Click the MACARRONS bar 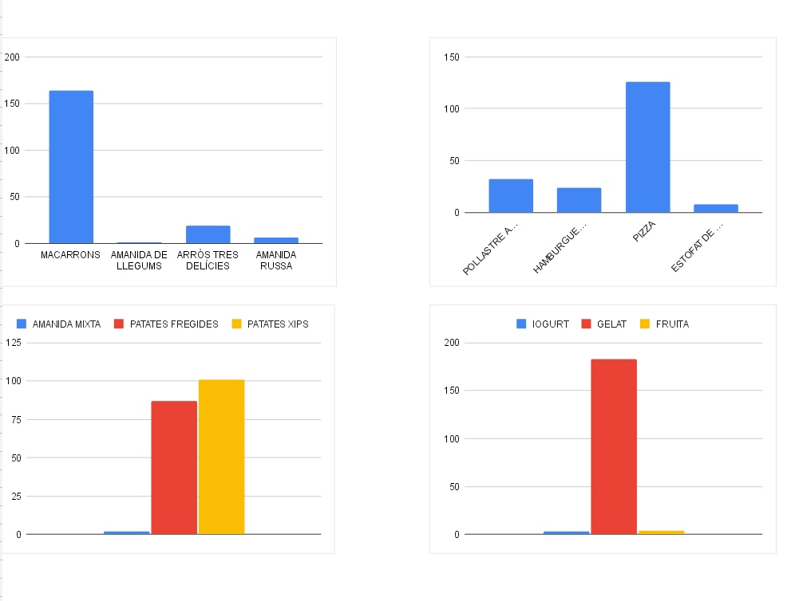[x=71, y=167]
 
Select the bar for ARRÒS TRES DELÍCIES [x=208, y=234]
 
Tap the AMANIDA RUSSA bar [x=275, y=240]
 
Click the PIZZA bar [x=647, y=147]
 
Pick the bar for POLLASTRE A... [x=511, y=196]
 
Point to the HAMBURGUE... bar [x=579, y=200]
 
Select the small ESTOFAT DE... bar [x=715, y=209]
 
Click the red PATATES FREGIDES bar [x=174, y=467]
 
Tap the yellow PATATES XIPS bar [x=221, y=457]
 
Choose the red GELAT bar [x=614, y=446]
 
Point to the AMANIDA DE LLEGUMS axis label [x=139, y=260]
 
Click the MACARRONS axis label [x=71, y=255]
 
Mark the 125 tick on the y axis [x=11, y=343]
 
